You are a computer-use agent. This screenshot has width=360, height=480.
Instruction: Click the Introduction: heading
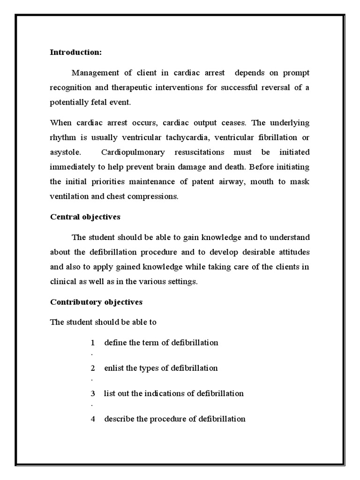tap(75, 52)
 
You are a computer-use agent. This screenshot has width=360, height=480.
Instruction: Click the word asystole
tap(65, 152)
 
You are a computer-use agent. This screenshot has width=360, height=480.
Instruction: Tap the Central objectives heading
tap(85, 217)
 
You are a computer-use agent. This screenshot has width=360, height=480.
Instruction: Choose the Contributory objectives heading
tap(96, 302)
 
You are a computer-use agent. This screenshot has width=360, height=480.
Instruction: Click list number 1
tap(93, 343)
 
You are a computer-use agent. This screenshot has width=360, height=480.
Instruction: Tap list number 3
tap(93, 393)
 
